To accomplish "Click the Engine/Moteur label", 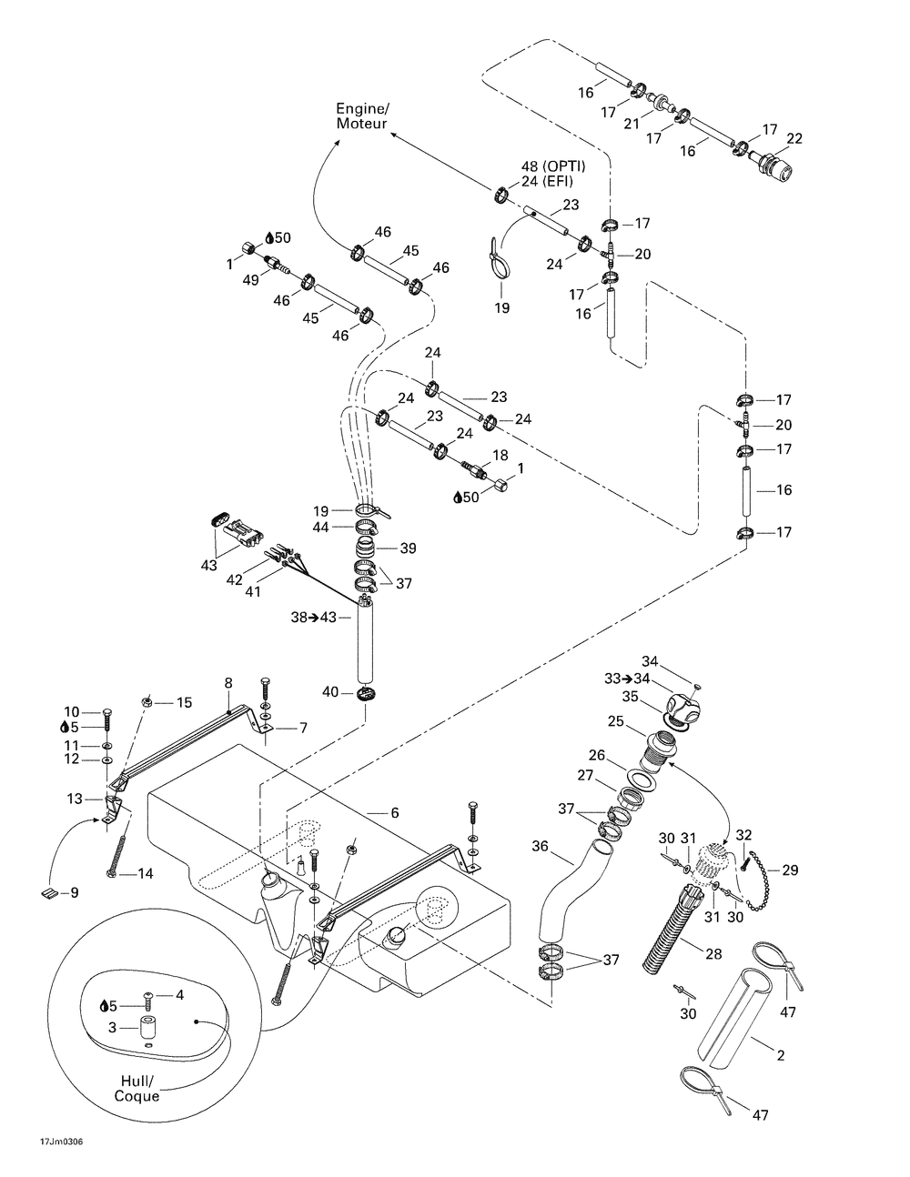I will pyautogui.click(x=362, y=116).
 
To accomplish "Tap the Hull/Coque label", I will pyautogui.click(x=137, y=1089).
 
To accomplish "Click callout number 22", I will pyautogui.click(x=794, y=137).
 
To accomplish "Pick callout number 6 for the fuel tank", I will pyautogui.click(x=394, y=812).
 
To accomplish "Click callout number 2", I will pyautogui.click(x=780, y=1056).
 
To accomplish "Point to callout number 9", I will pyautogui.click(x=75, y=892).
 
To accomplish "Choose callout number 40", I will pyautogui.click(x=330, y=692).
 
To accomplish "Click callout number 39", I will pyautogui.click(x=408, y=548).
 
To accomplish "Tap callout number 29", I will pyautogui.click(x=789, y=870).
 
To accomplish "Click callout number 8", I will pyautogui.click(x=227, y=681).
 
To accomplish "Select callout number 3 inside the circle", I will pyautogui.click(x=114, y=1027).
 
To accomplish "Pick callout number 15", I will pyautogui.click(x=185, y=701).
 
